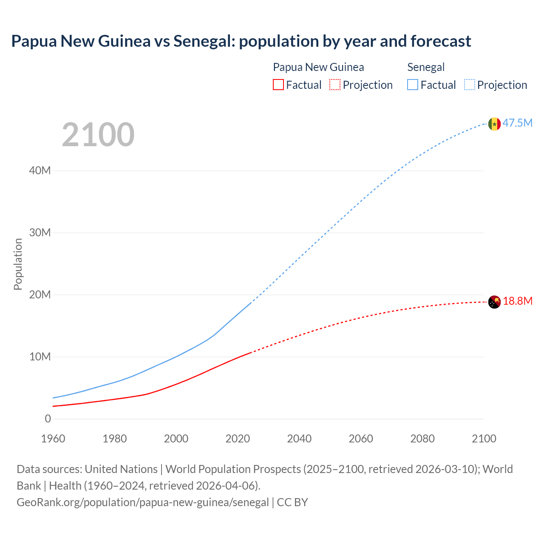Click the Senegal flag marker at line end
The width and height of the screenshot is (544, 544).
[494, 124]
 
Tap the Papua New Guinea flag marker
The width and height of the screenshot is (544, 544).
[494, 302]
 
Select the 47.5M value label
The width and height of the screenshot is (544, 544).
[518, 123]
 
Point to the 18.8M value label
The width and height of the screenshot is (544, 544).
[518, 301]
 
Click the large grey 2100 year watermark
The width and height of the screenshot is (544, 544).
[98, 135]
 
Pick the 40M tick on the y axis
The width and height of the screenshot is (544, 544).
[40, 171]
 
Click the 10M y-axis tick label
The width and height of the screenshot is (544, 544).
[40, 357]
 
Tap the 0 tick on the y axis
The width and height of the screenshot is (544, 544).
[48, 419]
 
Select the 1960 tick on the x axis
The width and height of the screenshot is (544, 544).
[53, 439]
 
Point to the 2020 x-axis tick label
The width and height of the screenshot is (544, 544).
[238, 439]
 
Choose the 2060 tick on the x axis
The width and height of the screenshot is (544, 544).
[361, 439]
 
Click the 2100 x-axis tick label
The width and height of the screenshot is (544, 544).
[484, 439]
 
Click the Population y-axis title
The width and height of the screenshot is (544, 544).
[18, 264]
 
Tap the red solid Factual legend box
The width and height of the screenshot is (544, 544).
[278, 85]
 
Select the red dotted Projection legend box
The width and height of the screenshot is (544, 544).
[335, 85]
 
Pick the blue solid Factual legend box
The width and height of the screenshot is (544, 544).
[413, 85]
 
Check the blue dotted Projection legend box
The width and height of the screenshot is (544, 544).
[470, 85]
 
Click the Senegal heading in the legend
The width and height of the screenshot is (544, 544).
[426, 67]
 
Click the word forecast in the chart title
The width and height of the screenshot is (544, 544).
[441, 41]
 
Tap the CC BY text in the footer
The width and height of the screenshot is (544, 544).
[292, 502]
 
